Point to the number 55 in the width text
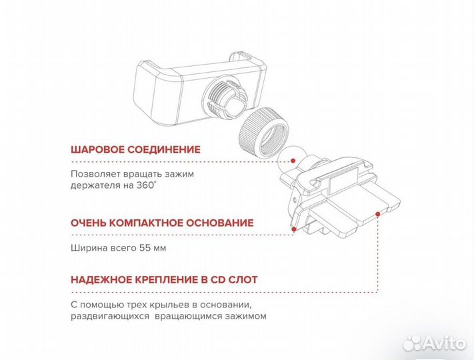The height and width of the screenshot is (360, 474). [x=143, y=248]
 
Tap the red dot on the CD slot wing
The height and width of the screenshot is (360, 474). [x=378, y=214]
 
